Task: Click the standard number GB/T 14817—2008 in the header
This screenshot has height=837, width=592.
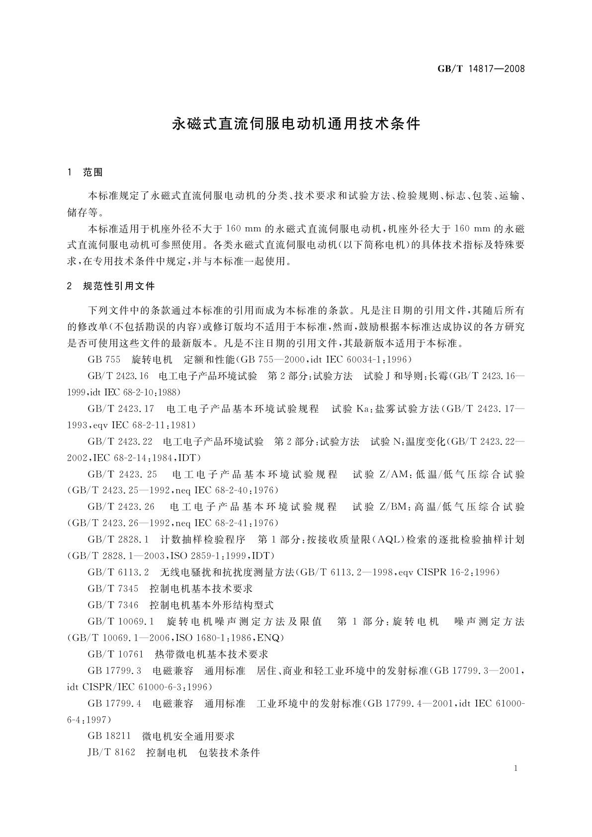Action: click(x=481, y=69)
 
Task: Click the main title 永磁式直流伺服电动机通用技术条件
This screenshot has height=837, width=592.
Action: click(x=296, y=124)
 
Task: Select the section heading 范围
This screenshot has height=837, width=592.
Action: click(x=93, y=173)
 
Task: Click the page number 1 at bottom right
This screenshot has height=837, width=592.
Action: click(x=516, y=768)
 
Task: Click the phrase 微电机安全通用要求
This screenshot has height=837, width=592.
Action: click(x=188, y=736)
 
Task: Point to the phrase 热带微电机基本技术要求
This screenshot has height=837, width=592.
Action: click(x=212, y=654)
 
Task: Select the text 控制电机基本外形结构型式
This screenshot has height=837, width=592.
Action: click(x=212, y=605)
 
